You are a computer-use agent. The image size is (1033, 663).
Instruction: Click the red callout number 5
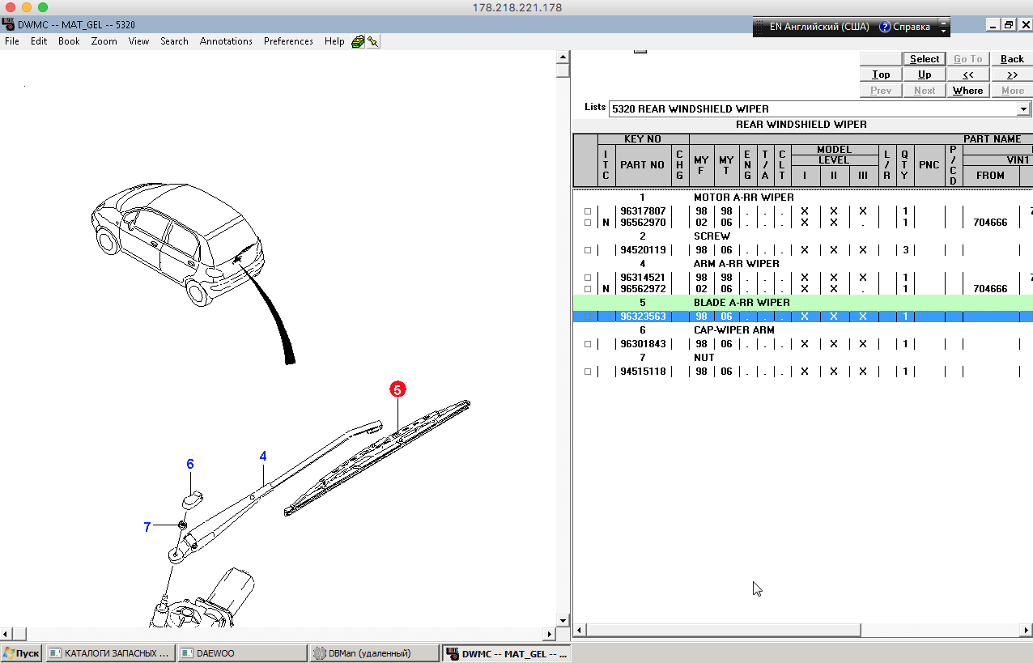[397, 389]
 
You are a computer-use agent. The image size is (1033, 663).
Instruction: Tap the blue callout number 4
[263, 456]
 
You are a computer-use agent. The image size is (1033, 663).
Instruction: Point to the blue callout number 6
[190, 464]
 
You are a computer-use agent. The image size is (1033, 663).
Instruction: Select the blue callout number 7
[147, 526]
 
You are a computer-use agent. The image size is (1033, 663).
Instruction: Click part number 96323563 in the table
[643, 317]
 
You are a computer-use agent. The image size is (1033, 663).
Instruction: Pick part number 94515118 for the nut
[643, 371]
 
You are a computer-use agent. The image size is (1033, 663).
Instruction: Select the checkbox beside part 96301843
[588, 344]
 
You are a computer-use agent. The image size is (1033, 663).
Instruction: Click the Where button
[967, 91]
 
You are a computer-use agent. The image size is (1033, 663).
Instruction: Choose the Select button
[925, 58]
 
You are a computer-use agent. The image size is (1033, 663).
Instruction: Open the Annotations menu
[226, 41]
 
